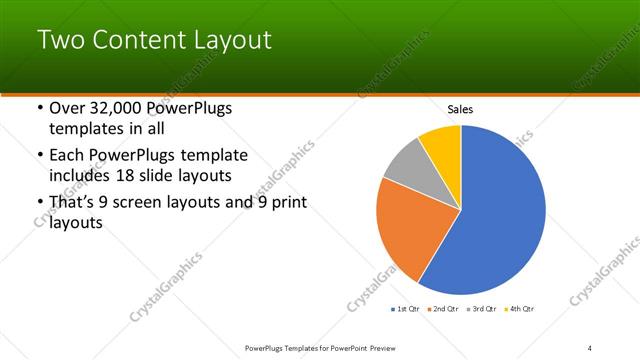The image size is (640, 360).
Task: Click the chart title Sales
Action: pos(460,109)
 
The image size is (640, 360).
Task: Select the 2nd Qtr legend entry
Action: pos(444,309)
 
